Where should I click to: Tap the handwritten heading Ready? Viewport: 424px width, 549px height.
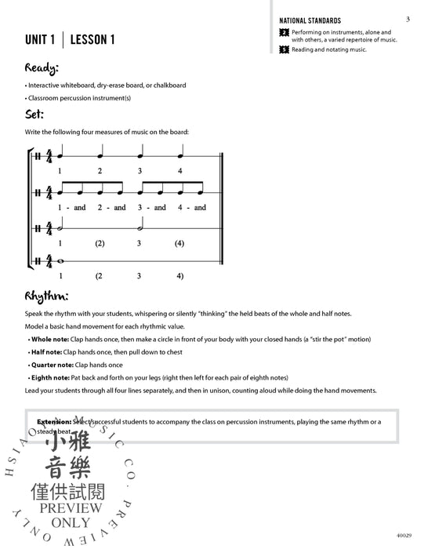[42, 67]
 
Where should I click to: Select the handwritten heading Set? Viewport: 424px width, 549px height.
[35, 115]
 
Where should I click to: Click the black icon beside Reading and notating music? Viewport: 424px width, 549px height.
[284, 49]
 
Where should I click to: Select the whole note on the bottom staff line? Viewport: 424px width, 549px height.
[60, 263]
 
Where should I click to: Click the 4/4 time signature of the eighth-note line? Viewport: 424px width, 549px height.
[49, 193]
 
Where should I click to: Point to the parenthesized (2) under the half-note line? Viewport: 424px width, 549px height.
[100, 244]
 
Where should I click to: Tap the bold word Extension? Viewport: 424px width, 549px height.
[51, 421]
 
